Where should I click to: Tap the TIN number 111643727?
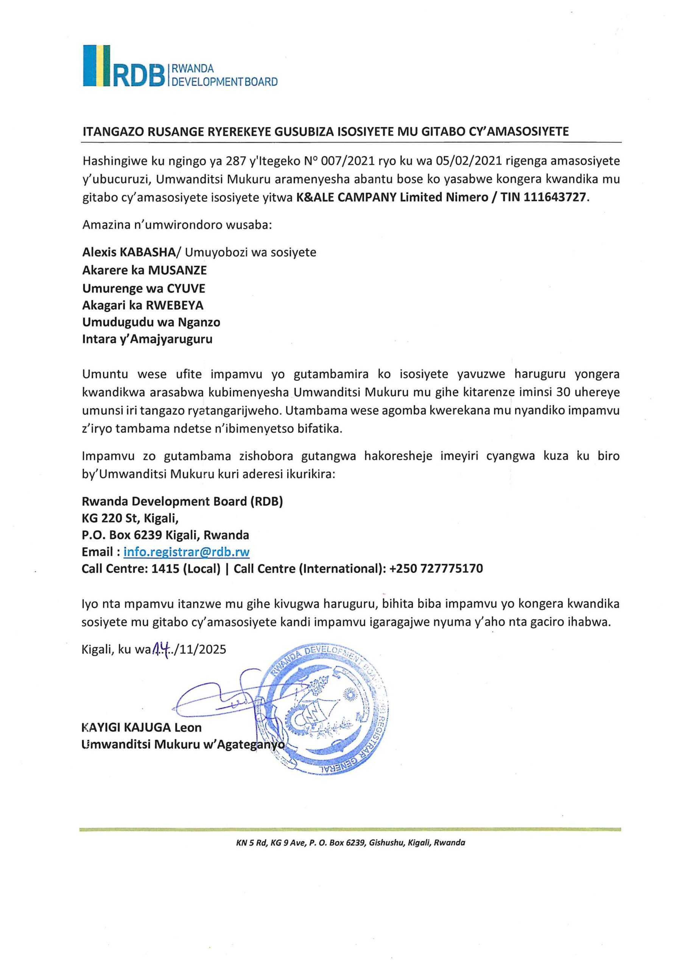(x=555, y=197)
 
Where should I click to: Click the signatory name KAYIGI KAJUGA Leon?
(x=142, y=727)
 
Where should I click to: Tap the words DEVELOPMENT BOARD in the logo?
(x=223, y=81)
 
